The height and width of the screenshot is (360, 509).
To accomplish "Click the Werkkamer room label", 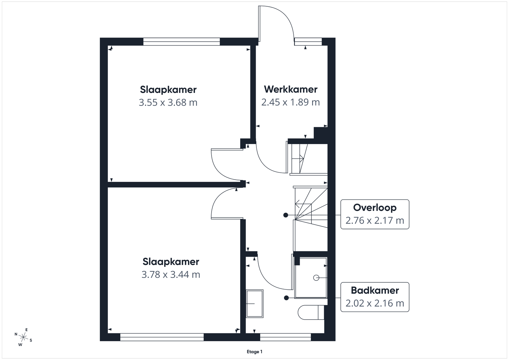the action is click(290, 89).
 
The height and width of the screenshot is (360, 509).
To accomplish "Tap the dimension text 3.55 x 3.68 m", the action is click(168, 102).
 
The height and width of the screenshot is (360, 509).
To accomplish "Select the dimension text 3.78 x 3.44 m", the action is click(171, 274).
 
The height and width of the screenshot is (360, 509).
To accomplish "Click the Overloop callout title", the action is click(375, 208).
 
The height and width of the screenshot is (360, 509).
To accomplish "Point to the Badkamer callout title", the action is click(375, 290).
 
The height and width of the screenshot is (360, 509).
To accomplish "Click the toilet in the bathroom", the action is click(311, 312).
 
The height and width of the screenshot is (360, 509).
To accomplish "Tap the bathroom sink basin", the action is click(255, 303).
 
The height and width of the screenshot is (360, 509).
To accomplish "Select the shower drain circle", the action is click(316, 278).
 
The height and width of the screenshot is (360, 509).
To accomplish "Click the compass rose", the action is click(23, 337).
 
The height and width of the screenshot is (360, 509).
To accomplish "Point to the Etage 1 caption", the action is click(254, 352).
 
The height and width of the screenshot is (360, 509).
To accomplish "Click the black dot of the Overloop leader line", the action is click(286, 215).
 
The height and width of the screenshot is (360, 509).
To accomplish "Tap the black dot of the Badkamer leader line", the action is click(286, 298).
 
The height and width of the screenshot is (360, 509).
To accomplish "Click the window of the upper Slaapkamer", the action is click(182, 42).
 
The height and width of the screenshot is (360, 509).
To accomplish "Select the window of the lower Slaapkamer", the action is click(162, 337).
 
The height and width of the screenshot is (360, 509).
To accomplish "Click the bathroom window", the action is click(285, 337).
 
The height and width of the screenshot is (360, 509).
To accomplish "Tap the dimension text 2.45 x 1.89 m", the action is click(290, 102).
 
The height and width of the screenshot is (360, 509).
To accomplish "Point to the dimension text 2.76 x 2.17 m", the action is click(375, 220).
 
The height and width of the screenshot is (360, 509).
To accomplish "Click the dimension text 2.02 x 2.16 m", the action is click(375, 303).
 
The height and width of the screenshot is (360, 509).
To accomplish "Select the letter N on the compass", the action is click(16, 334).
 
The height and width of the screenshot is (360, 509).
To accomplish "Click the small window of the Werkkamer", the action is click(308, 42).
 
